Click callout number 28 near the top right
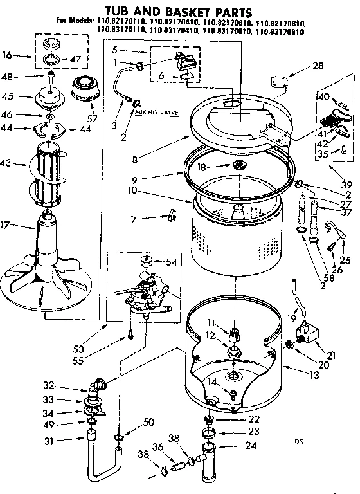tap(318, 66)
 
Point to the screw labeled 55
tap(131, 334)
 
